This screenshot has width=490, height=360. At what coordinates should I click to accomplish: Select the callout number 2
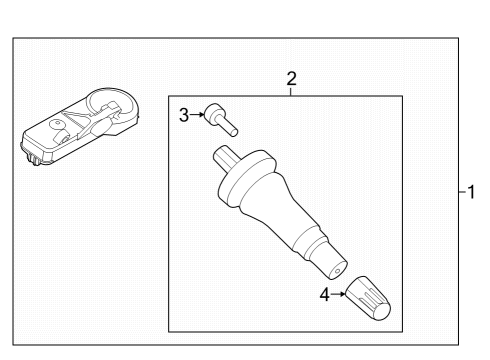click(x=291, y=77)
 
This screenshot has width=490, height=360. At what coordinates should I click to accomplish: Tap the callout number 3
click(x=184, y=115)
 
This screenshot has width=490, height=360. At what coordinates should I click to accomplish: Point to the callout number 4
click(x=324, y=295)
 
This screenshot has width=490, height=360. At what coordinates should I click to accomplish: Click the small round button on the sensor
click(x=59, y=128)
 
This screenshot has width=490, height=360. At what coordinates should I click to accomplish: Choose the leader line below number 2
click(x=291, y=91)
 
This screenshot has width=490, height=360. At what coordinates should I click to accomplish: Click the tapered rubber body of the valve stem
click(x=285, y=220)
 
